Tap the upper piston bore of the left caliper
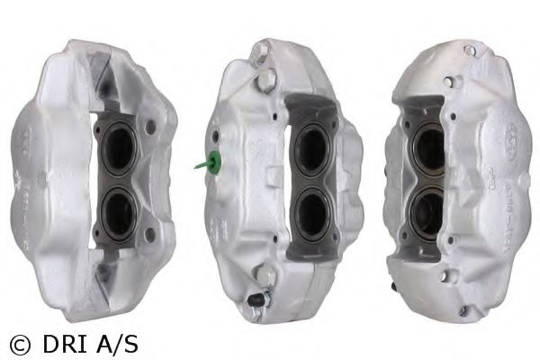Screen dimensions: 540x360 pos(119,148)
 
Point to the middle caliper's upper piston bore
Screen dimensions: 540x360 pos(311,146)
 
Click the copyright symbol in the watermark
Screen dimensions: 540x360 pos(20,345)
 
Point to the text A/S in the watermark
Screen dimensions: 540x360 pos(117,344)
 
